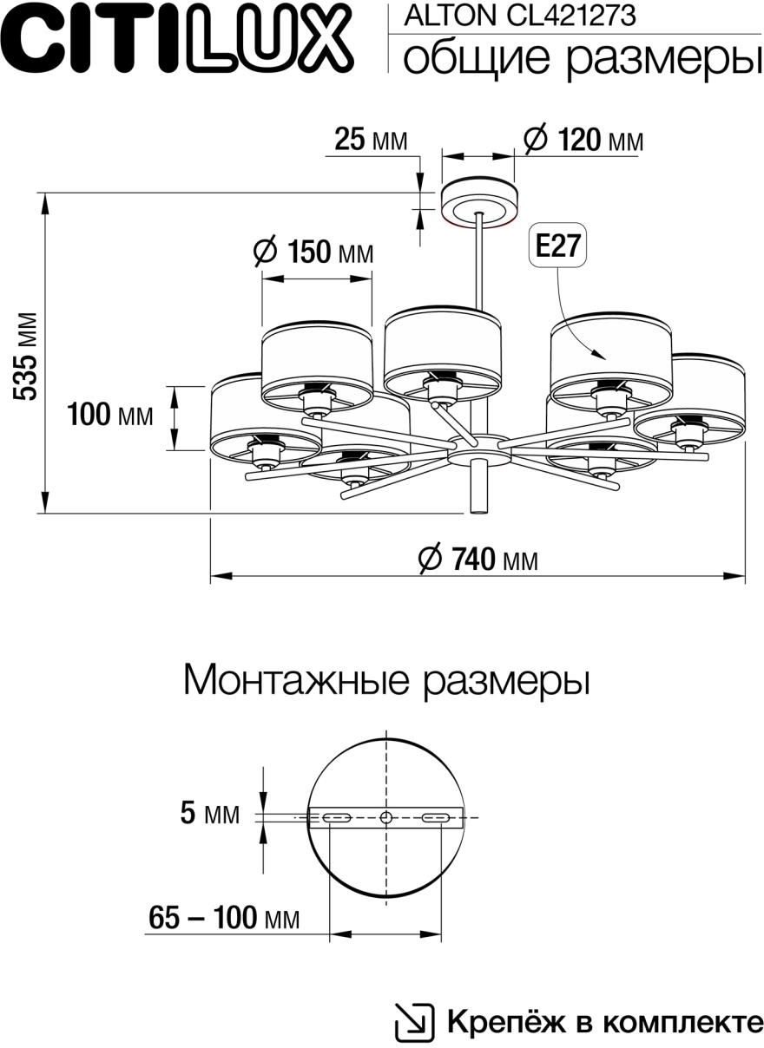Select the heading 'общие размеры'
pyautogui.click(x=577, y=58)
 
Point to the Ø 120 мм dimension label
pyautogui.click(x=583, y=140)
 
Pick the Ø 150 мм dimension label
pyautogui.click(x=313, y=252)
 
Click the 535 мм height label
pyautogui.click(x=27, y=355)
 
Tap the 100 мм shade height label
pyautogui.click(x=110, y=416)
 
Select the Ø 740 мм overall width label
pyautogui.click(x=477, y=560)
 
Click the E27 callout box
pyautogui.click(x=556, y=247)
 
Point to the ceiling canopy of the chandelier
pyautogui.click(x=479, y=201)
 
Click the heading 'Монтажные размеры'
pyautogui.click(x=386, y=680)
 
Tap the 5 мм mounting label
pyautogui.click(x=209, y=814)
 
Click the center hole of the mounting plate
pyautogui.click(x=386, y=817)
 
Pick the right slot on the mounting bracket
pyautogui.click(x=436, y=817)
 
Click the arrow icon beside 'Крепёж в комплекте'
pyautogui.click(x=414, y=1022)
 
